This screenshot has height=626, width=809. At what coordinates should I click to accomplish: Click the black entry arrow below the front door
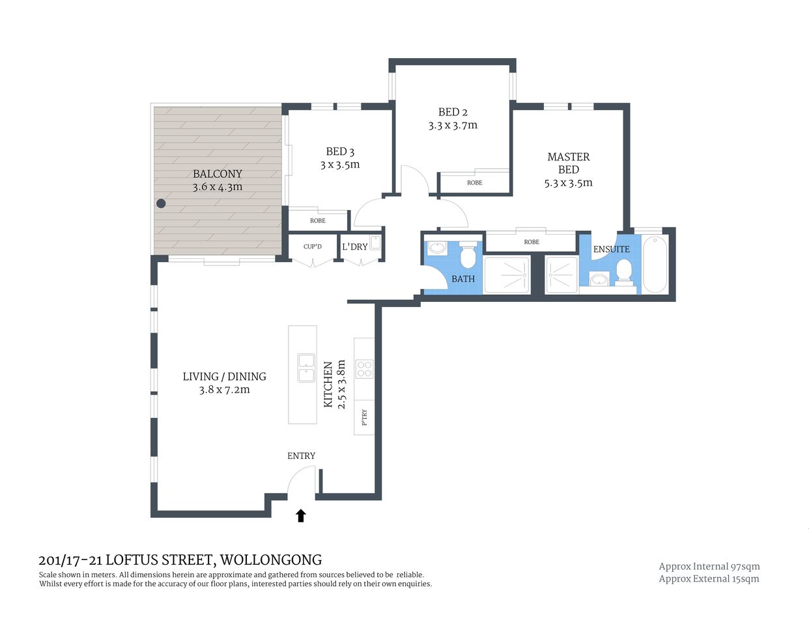point(300,516)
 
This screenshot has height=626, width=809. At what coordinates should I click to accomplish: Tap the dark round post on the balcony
point(161,203)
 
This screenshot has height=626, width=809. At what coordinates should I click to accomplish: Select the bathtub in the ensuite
point(655,265)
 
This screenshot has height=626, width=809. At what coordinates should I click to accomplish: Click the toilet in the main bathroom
point(468,256)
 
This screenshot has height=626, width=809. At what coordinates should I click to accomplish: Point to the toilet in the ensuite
point(624,272)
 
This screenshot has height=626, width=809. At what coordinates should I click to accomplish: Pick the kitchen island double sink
point(306,368)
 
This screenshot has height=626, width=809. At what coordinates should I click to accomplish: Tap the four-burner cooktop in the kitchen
point(364,369)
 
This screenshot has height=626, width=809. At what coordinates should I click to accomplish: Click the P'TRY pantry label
point(364,417)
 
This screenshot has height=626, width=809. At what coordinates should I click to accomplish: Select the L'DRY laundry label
point(354,246)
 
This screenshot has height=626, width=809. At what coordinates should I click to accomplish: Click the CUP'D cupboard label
point(313,246)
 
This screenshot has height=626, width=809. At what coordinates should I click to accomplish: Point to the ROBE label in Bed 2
point(474,183)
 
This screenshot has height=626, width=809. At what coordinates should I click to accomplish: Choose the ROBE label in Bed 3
point(318,220)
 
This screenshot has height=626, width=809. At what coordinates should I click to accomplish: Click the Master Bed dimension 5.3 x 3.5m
point(568,183)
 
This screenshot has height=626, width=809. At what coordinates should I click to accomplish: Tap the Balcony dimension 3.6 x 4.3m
point(217,187)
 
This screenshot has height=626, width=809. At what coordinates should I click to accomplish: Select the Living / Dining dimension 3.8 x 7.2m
point(224,390)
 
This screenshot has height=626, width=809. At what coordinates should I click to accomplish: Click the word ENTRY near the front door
point(301,456)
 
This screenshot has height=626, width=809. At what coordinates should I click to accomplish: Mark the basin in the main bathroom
point(436,248)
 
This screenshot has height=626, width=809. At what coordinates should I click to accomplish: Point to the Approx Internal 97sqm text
point(709,567)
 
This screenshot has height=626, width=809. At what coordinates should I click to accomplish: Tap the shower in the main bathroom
point(507,275)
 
